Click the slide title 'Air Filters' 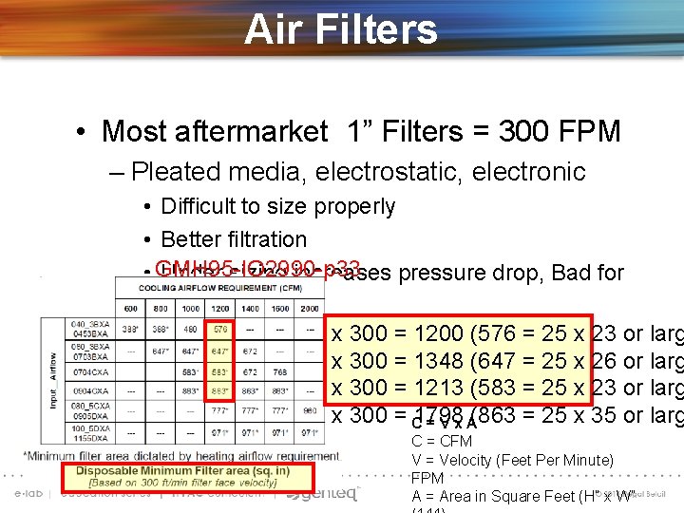pyautogui.click(x=341, y=28)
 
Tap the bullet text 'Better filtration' pyautogui.click(x=234, y=239)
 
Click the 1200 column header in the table pyautogui.click(x=219, y=309)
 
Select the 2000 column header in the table pyautogui.click(x=310, y=309)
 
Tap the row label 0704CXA pyautogui.click(x=88, y=373)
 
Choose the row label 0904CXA pyautogui.click(x=88, y=390)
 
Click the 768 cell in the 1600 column pyautogui.click(x=279, y=373)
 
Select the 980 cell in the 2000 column pyautogui.click(x=310, y=410)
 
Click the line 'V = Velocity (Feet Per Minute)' pyautogui.click(x=512, y=461)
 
